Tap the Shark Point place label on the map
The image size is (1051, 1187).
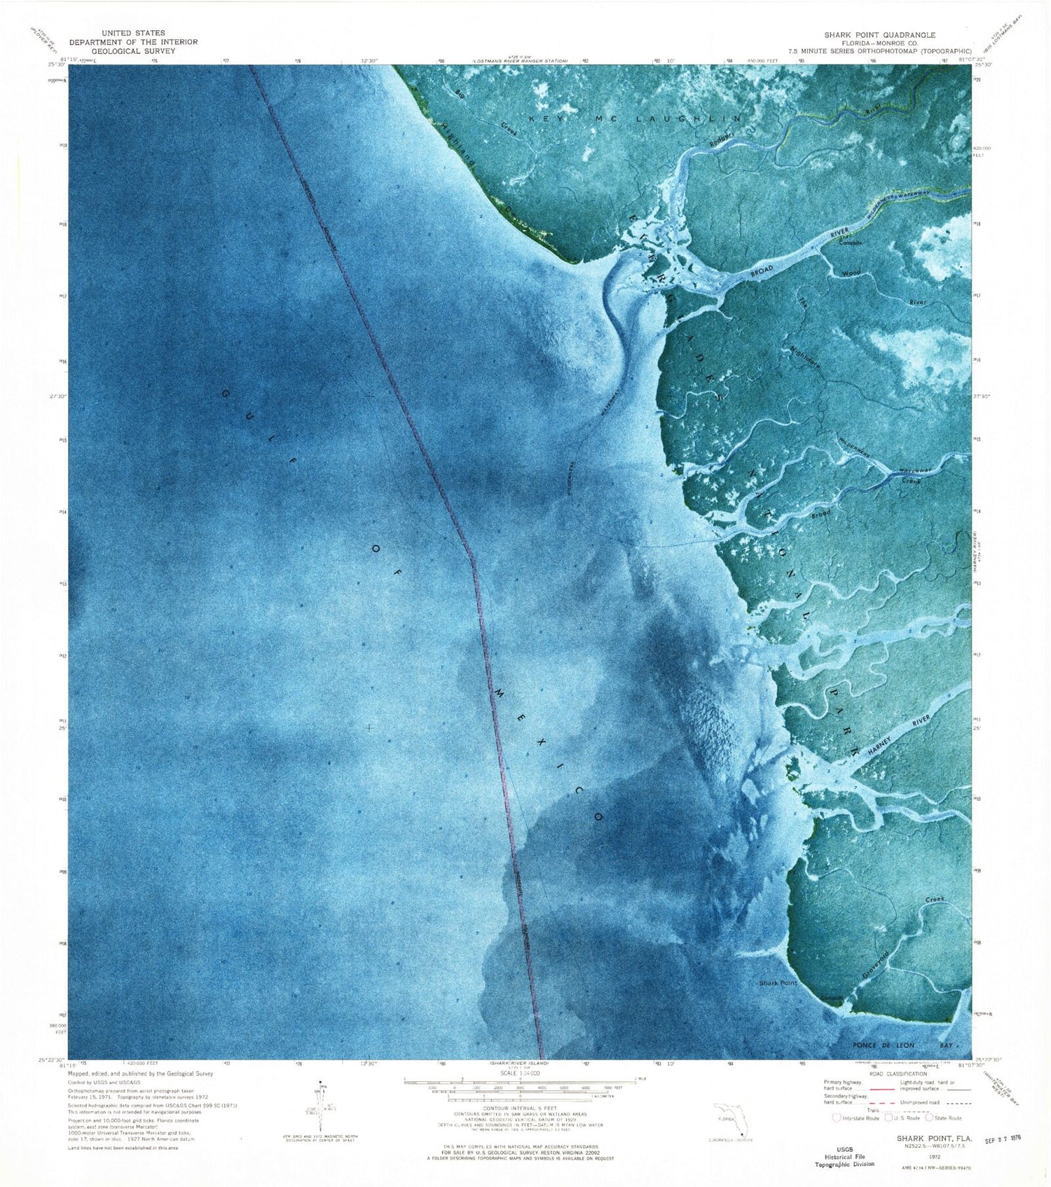(778, 983)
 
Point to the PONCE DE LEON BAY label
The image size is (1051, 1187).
(887, 1045)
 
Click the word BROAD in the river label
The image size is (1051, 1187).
(763, 270)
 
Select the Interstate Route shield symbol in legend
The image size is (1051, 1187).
(835, 1118)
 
